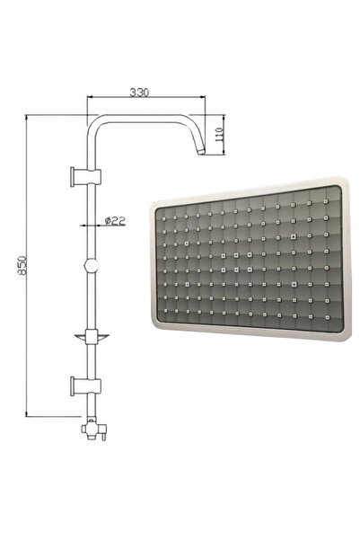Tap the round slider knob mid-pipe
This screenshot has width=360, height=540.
88,267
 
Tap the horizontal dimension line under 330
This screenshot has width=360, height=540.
144,100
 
